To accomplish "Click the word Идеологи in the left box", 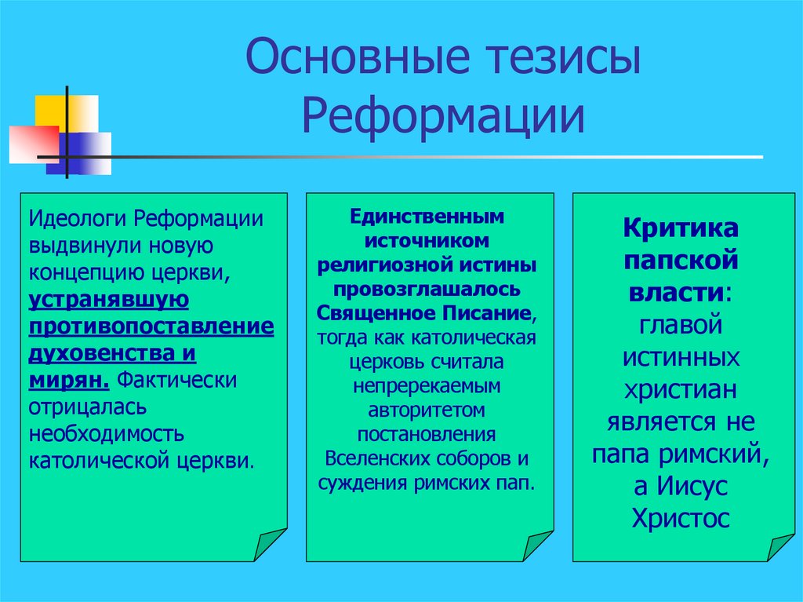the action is (78, 218).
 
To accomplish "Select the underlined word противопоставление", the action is (151, 326).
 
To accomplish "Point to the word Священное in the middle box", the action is (364, 313).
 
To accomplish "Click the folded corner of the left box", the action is (270, 545).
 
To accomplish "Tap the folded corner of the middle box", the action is (537, 545).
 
